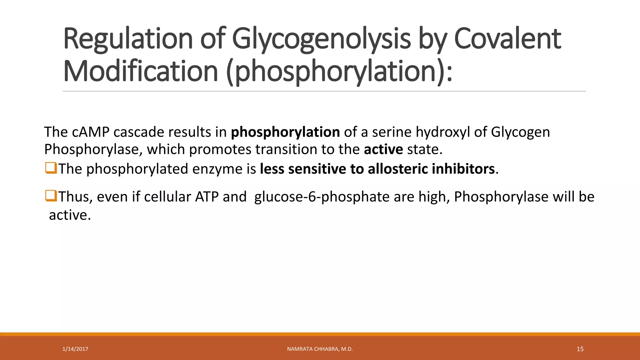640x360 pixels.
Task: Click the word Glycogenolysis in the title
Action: [321, 39]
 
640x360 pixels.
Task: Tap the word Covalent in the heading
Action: [507, 39]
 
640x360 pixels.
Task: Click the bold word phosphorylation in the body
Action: [285, 132]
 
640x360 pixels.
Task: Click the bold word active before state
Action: [383, 149]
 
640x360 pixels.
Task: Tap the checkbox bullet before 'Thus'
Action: [51, 196]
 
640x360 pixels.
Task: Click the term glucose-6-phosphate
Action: [322, 197]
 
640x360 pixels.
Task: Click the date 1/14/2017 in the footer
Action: [75, 349]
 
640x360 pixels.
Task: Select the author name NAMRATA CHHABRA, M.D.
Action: [320, 349]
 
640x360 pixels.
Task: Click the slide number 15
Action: [580, 349]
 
